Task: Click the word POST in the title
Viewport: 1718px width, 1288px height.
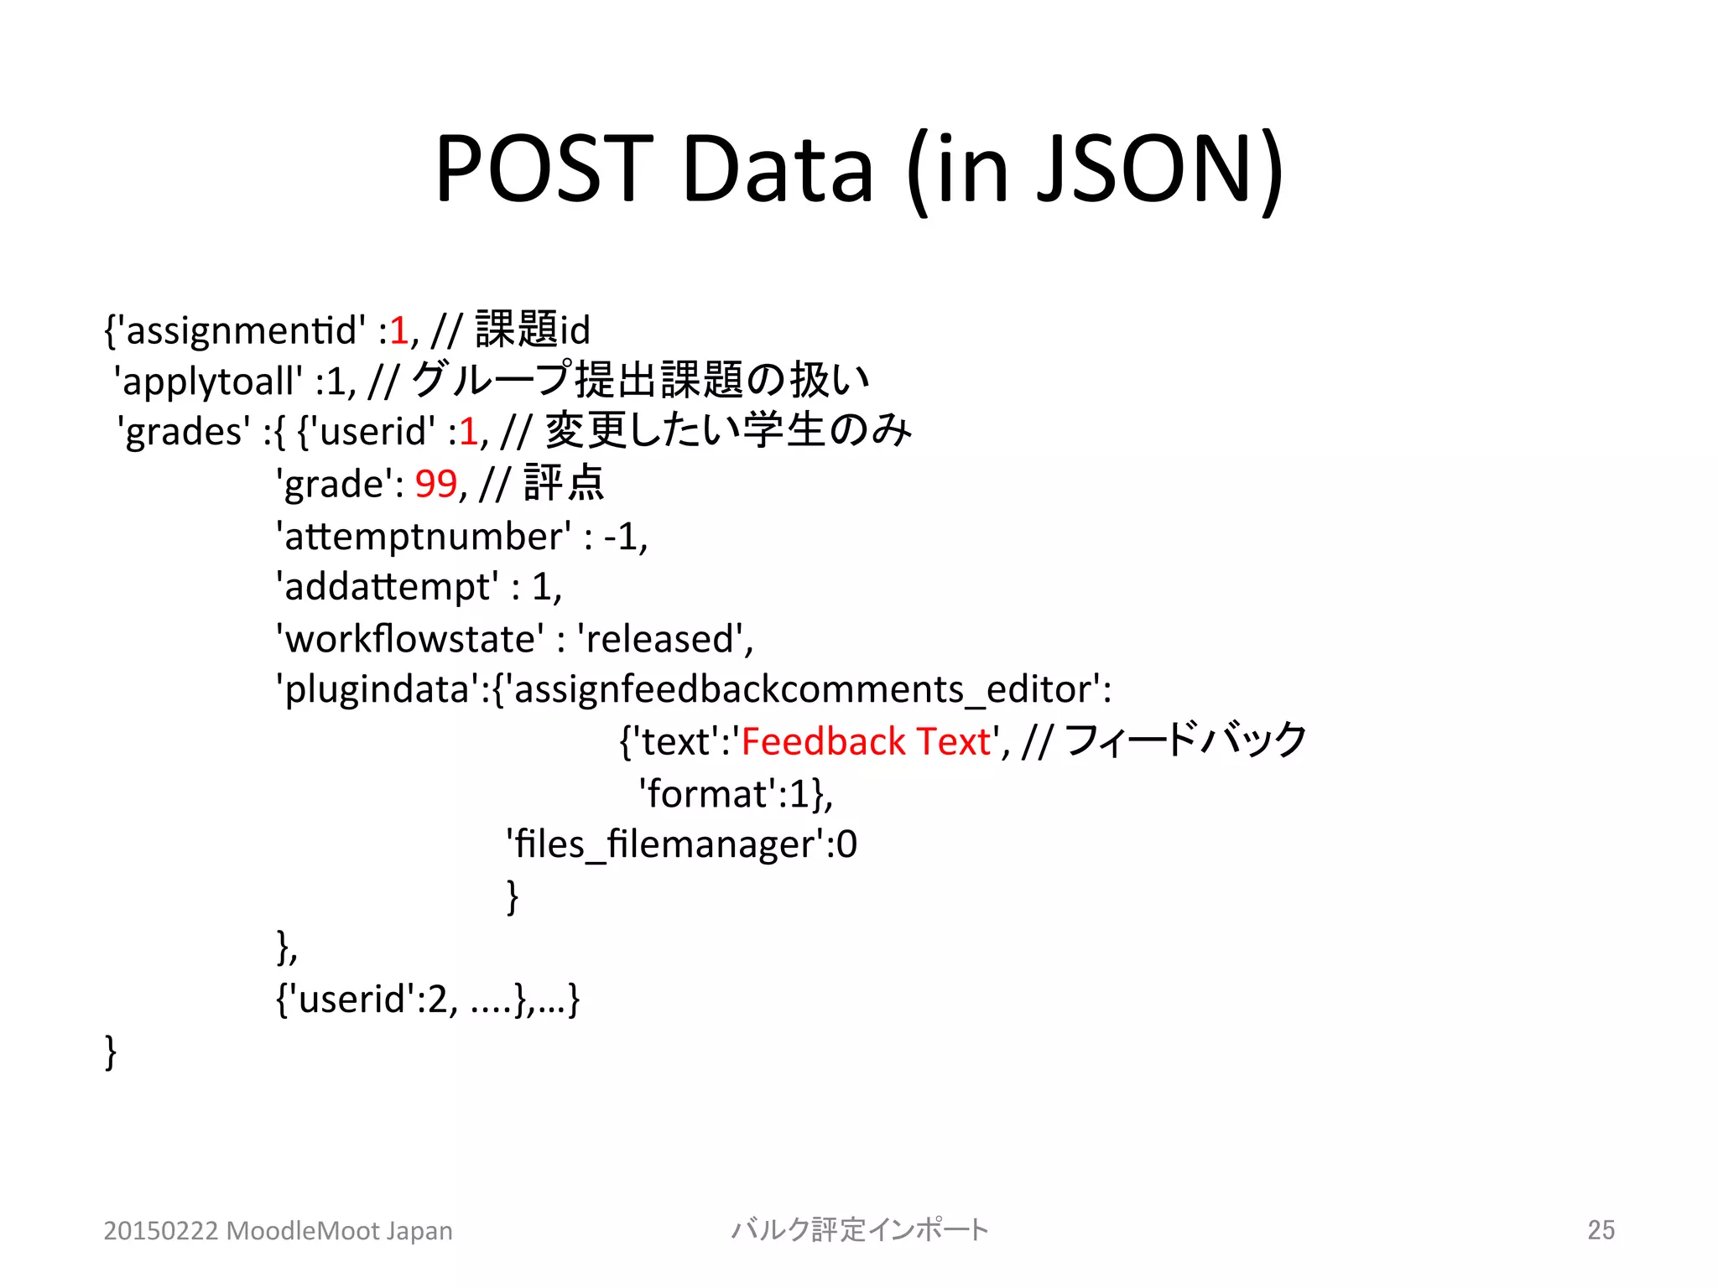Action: [x=544, y=169]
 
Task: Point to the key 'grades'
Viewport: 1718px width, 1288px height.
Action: [x=184, y=433]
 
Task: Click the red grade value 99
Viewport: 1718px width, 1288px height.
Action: [x=436, y=484]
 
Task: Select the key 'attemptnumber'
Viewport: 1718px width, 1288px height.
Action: [x=424, y=537]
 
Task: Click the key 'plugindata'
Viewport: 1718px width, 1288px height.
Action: [x=377, y=690]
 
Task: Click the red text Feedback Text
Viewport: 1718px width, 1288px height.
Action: [x=866, y=742]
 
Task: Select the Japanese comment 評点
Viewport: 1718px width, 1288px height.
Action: [x=564, y=484]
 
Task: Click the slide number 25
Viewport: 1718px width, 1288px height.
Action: [x=1601, y=1230]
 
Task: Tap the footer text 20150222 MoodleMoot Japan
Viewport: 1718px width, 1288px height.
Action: [x=278, y=1231]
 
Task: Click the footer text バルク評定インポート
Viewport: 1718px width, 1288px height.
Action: [x=860, y=1230]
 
